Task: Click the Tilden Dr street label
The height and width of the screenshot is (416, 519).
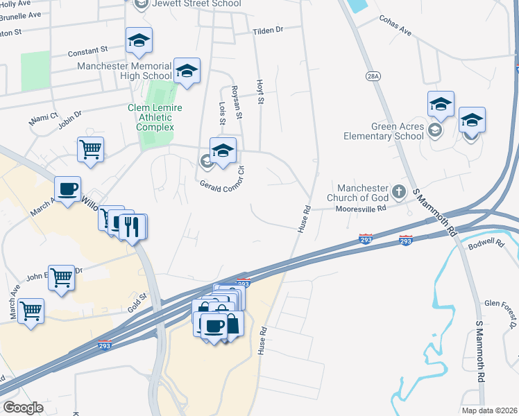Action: [x=269, y=31]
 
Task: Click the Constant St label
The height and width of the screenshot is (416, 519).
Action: [x=88, y=51]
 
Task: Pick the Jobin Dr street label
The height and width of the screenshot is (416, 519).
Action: [x=71, y=119]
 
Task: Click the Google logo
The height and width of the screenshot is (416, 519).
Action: [x=23, y=408]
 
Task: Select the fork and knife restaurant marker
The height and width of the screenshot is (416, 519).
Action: [x=132, y=226]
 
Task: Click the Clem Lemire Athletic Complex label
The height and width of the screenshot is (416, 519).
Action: [x=155, y=117]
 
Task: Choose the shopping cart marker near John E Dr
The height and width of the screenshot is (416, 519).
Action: [x=61, y=279]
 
